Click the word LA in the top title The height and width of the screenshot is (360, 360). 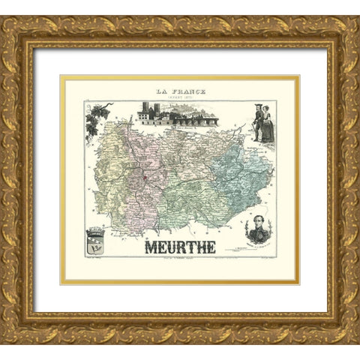(x=160, y=91)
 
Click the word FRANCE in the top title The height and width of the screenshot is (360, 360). (x=186, y=91)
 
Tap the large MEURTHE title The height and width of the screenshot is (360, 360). (x=180, y=247)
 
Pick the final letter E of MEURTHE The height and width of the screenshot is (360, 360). (x=211, y=247)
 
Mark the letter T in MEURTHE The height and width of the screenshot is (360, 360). (x=190, y=247)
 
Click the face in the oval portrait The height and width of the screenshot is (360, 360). (x=261, y=225)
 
